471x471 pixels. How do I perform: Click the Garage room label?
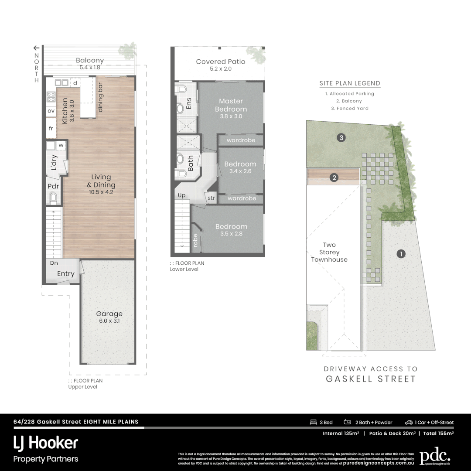(109, 314)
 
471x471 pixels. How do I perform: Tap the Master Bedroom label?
(231, 105)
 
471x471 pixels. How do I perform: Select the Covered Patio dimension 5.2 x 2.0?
(220, 69)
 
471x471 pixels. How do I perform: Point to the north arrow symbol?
(37, 48)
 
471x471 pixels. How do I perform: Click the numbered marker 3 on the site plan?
(341, 138)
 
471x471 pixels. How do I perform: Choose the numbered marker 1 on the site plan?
(400, 253)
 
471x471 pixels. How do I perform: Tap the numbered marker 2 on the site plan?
(334, 177)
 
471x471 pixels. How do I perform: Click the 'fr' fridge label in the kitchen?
(51, 129)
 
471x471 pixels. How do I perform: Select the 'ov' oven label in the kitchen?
(51, 111)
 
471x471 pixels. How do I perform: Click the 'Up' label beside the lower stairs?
(181, 195)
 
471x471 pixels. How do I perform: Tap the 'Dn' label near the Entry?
(54, 263)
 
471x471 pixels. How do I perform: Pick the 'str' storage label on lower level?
(212, 198)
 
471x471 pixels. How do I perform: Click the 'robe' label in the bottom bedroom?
(195, 240)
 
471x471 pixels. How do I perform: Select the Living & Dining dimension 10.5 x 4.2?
(101, 191)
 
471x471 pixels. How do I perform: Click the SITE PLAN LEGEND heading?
(349, 83)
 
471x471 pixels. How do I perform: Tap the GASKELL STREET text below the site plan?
(371, 379)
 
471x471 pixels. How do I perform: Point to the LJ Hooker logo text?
(46, 443)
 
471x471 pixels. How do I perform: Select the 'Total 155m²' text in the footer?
(437, 433)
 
